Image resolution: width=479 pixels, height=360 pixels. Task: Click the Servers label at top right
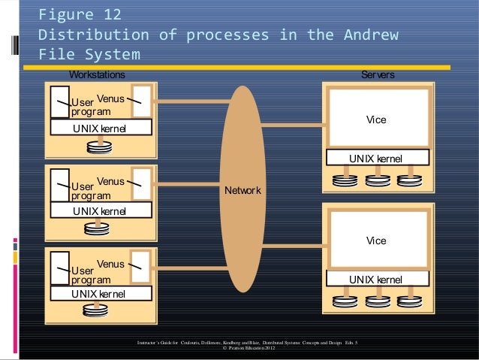point(378,74)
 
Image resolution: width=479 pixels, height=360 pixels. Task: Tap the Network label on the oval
point(243,190)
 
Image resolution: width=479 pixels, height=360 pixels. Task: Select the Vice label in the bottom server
point(375,241)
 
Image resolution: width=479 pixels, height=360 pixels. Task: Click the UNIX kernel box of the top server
point(375,159)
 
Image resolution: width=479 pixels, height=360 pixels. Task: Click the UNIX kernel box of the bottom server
point(375,280)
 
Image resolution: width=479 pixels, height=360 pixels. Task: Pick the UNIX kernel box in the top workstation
point(100,129)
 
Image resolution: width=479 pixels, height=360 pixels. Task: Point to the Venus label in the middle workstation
point(111,181)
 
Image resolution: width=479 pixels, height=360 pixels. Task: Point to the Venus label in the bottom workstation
point(111,264)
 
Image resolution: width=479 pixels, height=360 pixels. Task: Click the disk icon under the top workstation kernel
point(101,147)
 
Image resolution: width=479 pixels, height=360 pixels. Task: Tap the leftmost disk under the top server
point(344,180)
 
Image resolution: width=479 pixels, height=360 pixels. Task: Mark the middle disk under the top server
point(375,180)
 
